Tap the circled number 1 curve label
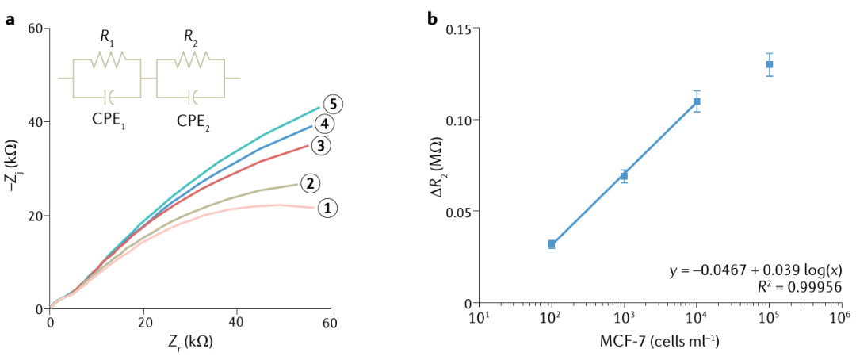[x=327, y=208]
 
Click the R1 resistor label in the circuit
[x=105, y=36]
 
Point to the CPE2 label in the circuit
[x=195, y=122]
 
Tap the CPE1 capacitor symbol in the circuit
[x=110, y=96]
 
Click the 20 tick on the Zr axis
[x=143, y=324]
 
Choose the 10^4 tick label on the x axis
[x=695, y=320]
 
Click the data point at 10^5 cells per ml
[x=769, y=64]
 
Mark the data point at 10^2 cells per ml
[x=551, y=244]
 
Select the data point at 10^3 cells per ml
[x=624, y=175]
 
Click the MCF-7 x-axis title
[x=659, y=342]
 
